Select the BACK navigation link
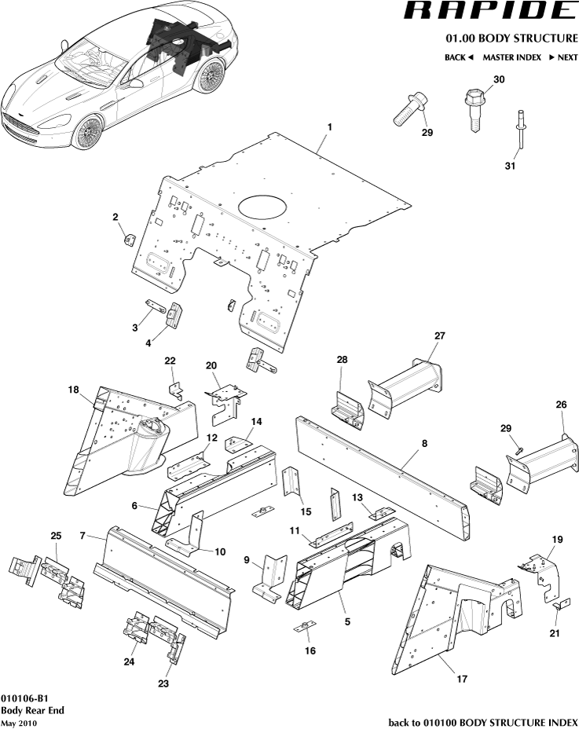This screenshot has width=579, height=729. [459, 57]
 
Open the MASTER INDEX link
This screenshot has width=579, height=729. [511, 57]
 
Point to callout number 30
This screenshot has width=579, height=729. [499, 80]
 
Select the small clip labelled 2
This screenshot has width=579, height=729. [127, 239]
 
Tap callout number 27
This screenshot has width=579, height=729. [440, 335]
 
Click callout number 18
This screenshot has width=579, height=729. [73, 390]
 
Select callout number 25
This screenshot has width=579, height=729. [55, 536]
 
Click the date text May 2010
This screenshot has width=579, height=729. [20, 723]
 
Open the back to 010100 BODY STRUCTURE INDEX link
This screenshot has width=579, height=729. [483, 722]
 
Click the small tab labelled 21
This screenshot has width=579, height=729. [560, 606]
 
